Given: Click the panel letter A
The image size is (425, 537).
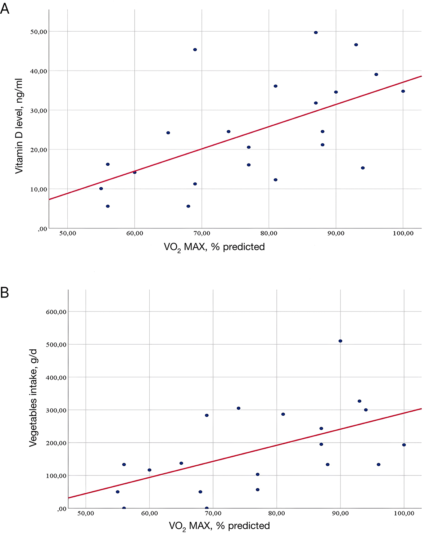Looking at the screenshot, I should point(5,8).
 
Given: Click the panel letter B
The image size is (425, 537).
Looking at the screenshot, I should point(5,292).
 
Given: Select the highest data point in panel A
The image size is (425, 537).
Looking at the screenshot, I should point(316,32).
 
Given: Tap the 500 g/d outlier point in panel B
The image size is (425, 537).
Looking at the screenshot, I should point(340,341).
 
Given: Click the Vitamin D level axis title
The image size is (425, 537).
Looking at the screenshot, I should point(19,126).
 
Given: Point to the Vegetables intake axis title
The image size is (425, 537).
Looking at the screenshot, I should point(33,398).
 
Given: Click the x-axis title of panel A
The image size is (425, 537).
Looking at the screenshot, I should point(214,247).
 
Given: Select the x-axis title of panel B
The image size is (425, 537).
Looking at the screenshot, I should point(219,526).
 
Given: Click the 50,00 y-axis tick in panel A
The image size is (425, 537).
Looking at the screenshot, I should point(39,32).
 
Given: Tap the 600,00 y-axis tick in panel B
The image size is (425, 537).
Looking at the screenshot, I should point(56,312).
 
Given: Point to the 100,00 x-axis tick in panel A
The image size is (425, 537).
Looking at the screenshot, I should point(403,233).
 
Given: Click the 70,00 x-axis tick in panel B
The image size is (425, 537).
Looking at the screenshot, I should point(213,513).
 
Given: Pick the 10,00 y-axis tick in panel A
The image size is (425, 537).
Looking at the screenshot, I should point(39,189).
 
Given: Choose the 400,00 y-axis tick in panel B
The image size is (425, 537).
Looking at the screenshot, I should point(56,377).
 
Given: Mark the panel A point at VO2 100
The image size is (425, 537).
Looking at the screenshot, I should point(403,91).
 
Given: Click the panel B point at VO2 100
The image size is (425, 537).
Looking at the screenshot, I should point(404,445).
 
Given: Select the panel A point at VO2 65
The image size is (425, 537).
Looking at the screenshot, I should point(168,133).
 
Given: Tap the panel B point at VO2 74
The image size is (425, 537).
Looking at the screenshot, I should point(239,408).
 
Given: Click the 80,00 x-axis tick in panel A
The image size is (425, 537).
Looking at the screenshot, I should point(269,233).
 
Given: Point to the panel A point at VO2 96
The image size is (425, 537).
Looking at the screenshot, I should point(376,75).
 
